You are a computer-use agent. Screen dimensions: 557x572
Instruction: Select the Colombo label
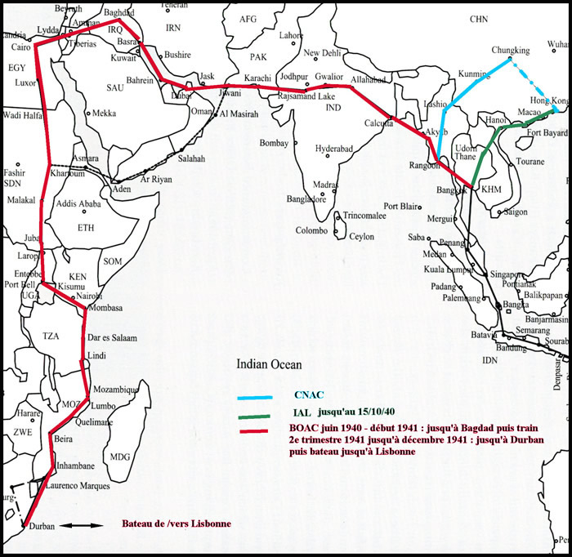point(311,230)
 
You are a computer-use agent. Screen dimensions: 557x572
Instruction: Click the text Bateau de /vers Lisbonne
point(176,524)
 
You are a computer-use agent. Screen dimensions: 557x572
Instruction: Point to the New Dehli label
point(323,53)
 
